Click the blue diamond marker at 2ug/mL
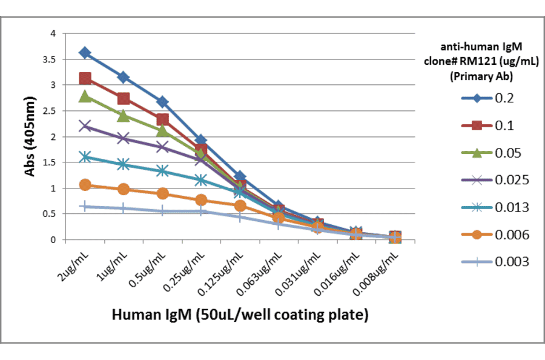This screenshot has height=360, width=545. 85,53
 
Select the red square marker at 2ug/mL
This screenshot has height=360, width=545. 85,78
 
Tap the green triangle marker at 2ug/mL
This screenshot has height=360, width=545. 85,96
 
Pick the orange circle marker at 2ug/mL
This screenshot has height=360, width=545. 85,185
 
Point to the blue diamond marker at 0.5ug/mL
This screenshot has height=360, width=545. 162,102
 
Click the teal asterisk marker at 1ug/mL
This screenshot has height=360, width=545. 124,164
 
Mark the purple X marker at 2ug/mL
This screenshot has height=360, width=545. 85,126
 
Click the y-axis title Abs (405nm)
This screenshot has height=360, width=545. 30,137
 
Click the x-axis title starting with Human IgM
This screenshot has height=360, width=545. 240,315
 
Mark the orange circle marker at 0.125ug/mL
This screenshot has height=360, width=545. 240,205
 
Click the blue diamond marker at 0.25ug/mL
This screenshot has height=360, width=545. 201,141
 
